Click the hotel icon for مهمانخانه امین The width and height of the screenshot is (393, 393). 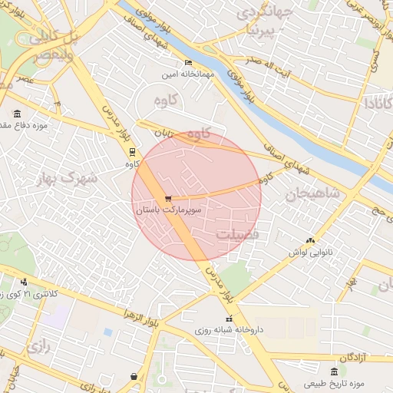(x=189, y=63)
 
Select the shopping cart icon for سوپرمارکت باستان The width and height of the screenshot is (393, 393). (x=168, y=198)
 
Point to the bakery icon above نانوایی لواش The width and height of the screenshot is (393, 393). (x=310, y=240)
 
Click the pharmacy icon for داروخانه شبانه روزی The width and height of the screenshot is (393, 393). (x=228, y=319)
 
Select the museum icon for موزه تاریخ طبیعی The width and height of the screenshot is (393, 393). (x=332, y=372)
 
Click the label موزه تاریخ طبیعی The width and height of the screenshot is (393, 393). (x=333, y=382)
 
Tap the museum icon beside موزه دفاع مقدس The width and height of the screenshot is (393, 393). (x=17, y=113)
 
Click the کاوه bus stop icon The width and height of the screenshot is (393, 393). (x=132, y=151)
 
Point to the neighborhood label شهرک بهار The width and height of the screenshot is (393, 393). (x=67, y=178)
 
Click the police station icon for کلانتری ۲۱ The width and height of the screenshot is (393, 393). (x=24, y=282)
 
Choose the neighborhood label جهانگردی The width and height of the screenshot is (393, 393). (x=265, y=13)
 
